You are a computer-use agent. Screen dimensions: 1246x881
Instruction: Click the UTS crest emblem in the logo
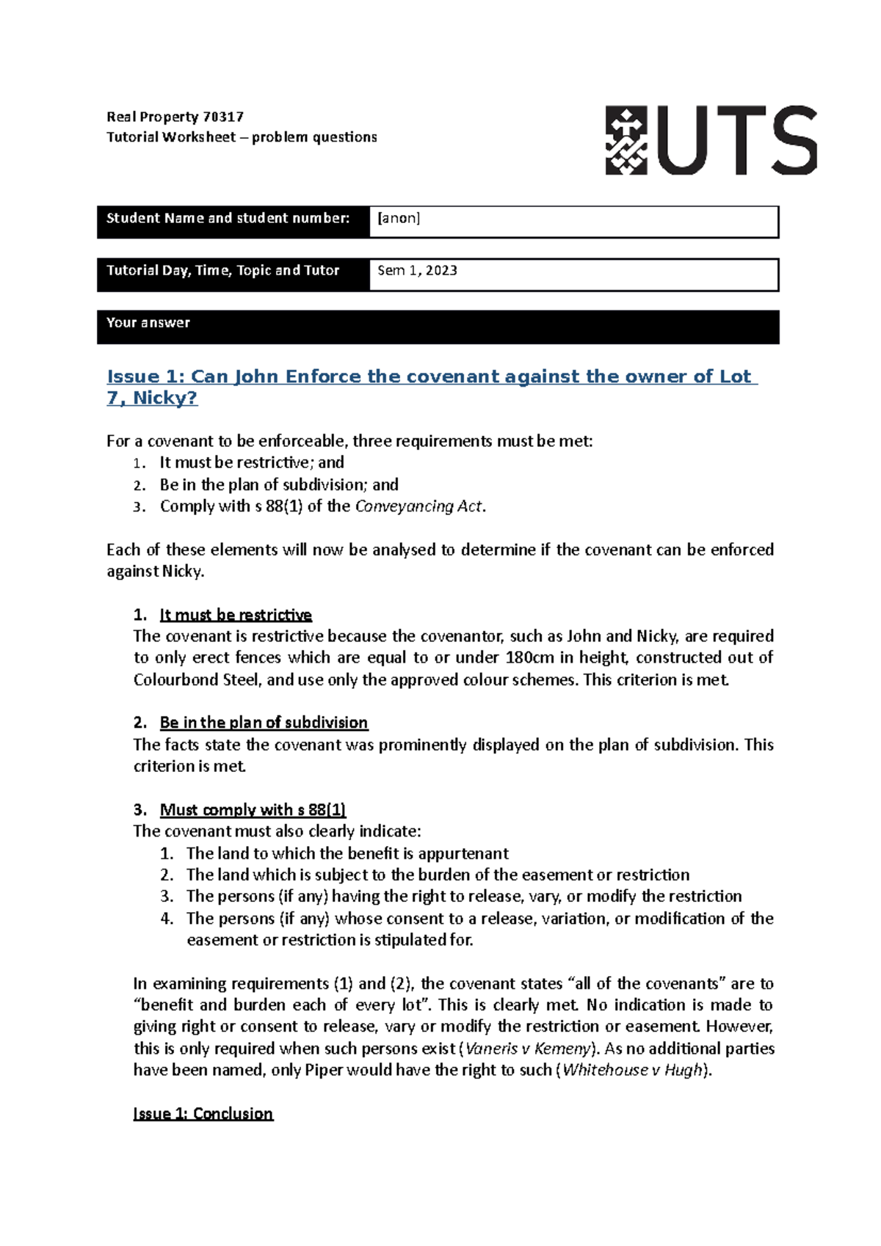click(626, 140)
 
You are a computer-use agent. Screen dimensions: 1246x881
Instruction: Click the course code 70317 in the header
click(223, 117)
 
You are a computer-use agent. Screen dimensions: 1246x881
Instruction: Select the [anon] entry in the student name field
click(399, 218)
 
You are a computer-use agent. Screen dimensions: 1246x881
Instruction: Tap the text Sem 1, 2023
click(417, 271)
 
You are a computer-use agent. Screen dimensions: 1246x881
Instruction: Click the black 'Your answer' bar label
click(148, 323)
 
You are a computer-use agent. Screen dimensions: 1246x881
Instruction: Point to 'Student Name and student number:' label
click(228, 218)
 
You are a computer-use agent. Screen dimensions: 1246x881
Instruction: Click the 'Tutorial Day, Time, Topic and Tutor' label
click(222, 271)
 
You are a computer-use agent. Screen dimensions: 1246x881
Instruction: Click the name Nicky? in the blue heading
click(165, 398)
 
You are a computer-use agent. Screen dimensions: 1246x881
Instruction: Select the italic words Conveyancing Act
click(418, 506)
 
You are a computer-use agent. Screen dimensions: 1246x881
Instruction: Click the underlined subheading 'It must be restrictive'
click(236, 615)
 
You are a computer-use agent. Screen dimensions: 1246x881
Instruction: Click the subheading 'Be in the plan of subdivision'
click(264, 723)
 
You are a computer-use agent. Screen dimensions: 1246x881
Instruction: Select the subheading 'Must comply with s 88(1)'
click(253, 810)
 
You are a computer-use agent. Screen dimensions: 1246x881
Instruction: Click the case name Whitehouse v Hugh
click(632, 1071)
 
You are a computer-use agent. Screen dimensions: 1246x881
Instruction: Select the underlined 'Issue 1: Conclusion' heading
click(203, 1114)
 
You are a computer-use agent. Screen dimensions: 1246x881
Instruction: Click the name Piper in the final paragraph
click(324, 1071)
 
